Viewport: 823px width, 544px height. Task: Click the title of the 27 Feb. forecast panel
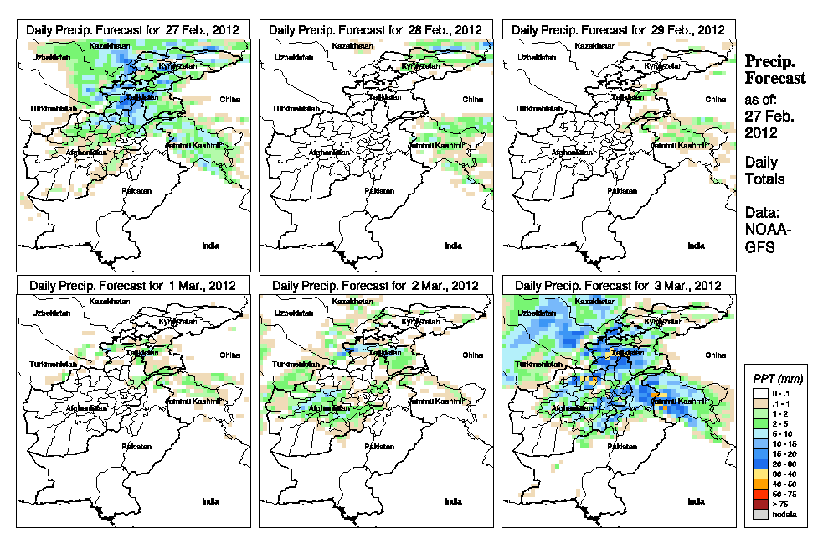(x=133, y=29)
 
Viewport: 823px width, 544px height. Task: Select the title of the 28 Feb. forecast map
(x=376, y=29)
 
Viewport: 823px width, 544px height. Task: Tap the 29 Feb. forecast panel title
(x=618, y=29)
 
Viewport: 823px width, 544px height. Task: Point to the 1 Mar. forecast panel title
(x=133, y=285)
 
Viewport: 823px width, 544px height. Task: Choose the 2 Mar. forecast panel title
(x=376, y=285)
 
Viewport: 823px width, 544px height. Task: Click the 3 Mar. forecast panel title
(x=618, y=285)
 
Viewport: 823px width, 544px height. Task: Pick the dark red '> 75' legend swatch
(x=759, y=505)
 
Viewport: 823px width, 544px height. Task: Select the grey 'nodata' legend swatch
(x=759, y=514)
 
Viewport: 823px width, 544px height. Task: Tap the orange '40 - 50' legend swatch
(x=759, y=484)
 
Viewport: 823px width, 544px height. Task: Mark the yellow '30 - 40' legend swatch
(x=759, y=474)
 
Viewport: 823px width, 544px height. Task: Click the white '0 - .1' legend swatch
(x=759, y=394)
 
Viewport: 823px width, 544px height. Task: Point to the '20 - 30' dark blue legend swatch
(x=759, y=464)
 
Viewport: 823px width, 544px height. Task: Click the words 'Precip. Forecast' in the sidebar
(x=775, y=70)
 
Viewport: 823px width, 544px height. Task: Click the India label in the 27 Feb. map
(x=211, y=246)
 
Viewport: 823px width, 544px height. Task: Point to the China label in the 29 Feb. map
(x=715, y=99)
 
